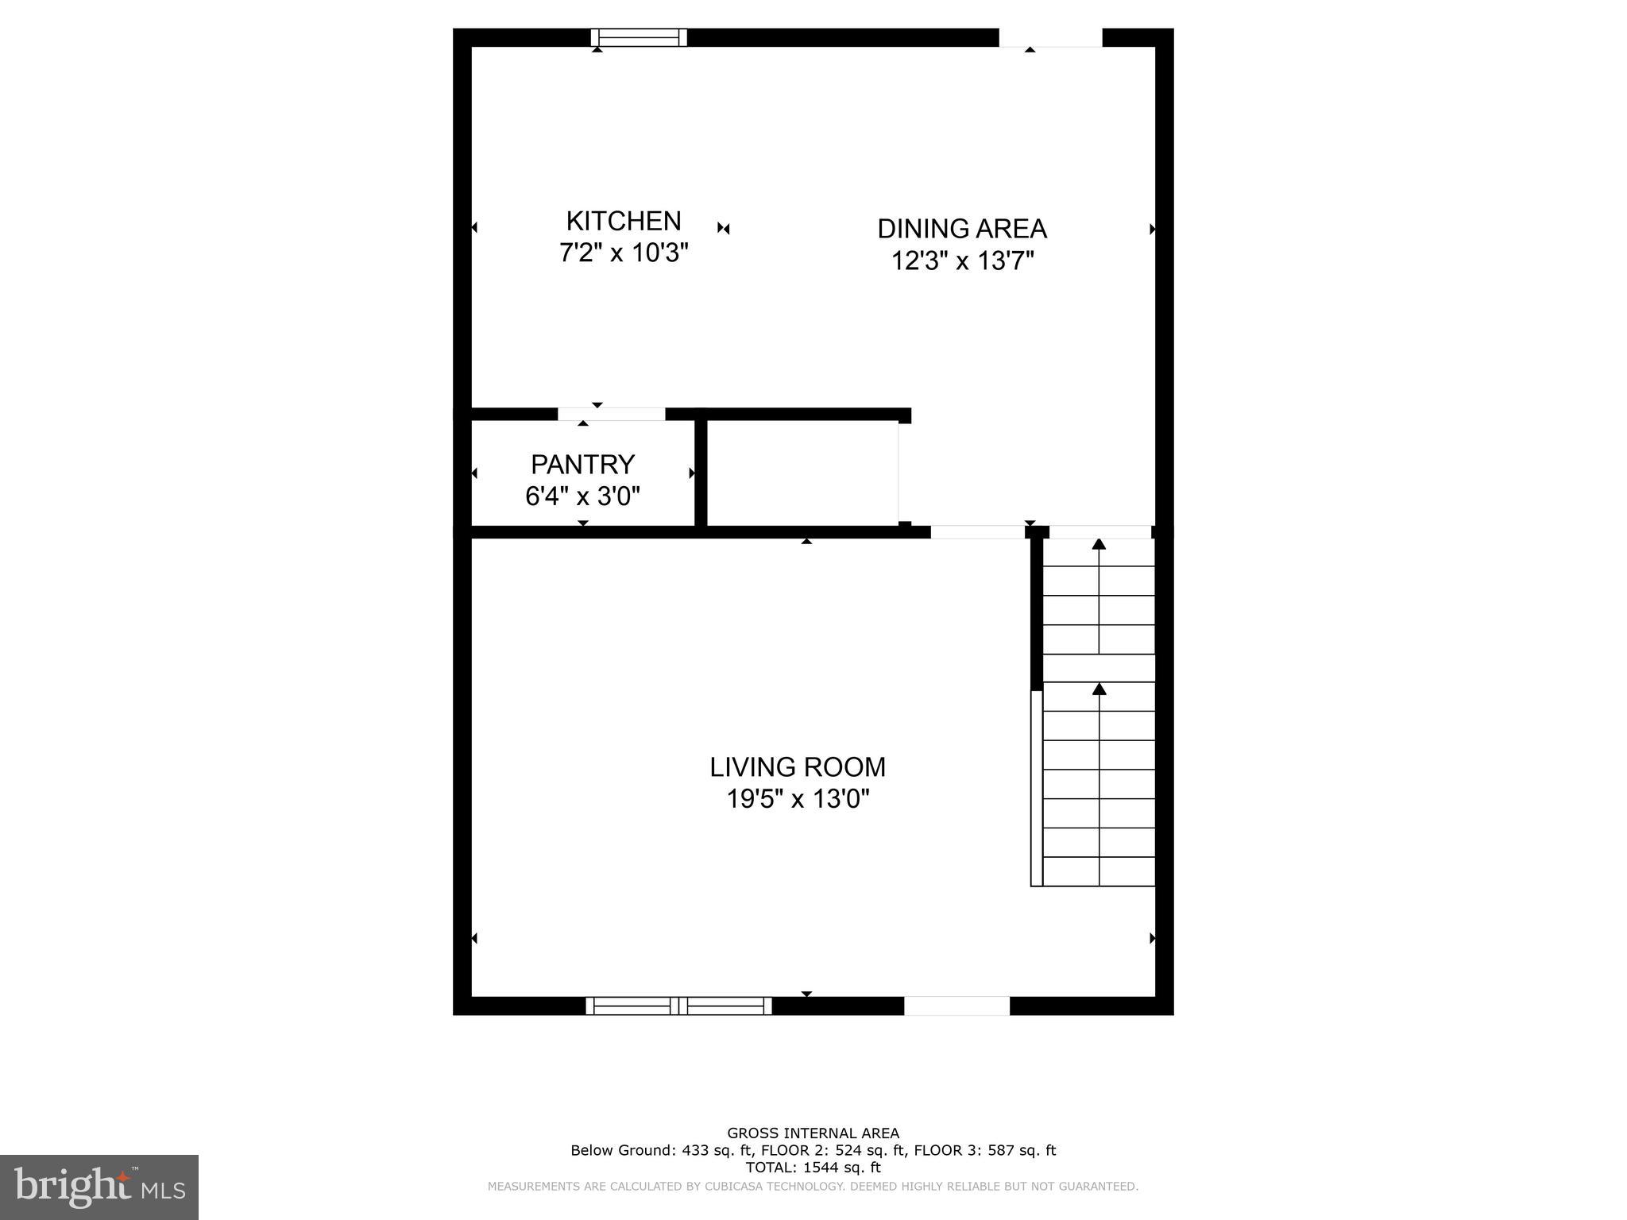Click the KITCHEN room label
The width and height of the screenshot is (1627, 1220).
[624, 221]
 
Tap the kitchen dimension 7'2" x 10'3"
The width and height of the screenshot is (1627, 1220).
[624, 253]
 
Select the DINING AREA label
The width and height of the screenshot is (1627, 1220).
[962, 229]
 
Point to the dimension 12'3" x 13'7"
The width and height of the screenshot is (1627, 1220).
[962, 261]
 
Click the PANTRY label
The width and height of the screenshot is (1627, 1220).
[582, 464]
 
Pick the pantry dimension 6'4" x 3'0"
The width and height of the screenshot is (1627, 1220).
[582, 496]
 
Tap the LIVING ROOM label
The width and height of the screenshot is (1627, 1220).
[798, 767]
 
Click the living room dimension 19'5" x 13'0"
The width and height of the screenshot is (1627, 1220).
[798, 799]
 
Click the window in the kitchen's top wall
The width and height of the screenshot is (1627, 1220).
[639, 37]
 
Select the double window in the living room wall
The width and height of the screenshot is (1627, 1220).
[678, 1006]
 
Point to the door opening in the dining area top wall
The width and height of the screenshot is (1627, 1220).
[1050, 37]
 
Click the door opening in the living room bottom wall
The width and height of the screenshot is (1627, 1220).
[956, 1006]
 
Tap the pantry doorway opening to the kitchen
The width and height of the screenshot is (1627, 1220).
[611, 414]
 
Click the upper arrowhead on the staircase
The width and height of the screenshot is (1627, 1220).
[1099, 544]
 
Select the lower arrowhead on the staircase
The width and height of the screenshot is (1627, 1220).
[1099, 689]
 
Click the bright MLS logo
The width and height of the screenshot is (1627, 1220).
[99, 1187]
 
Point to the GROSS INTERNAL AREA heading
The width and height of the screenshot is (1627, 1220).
[813, 1133]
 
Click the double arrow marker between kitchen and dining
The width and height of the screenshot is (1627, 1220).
[723, 229]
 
